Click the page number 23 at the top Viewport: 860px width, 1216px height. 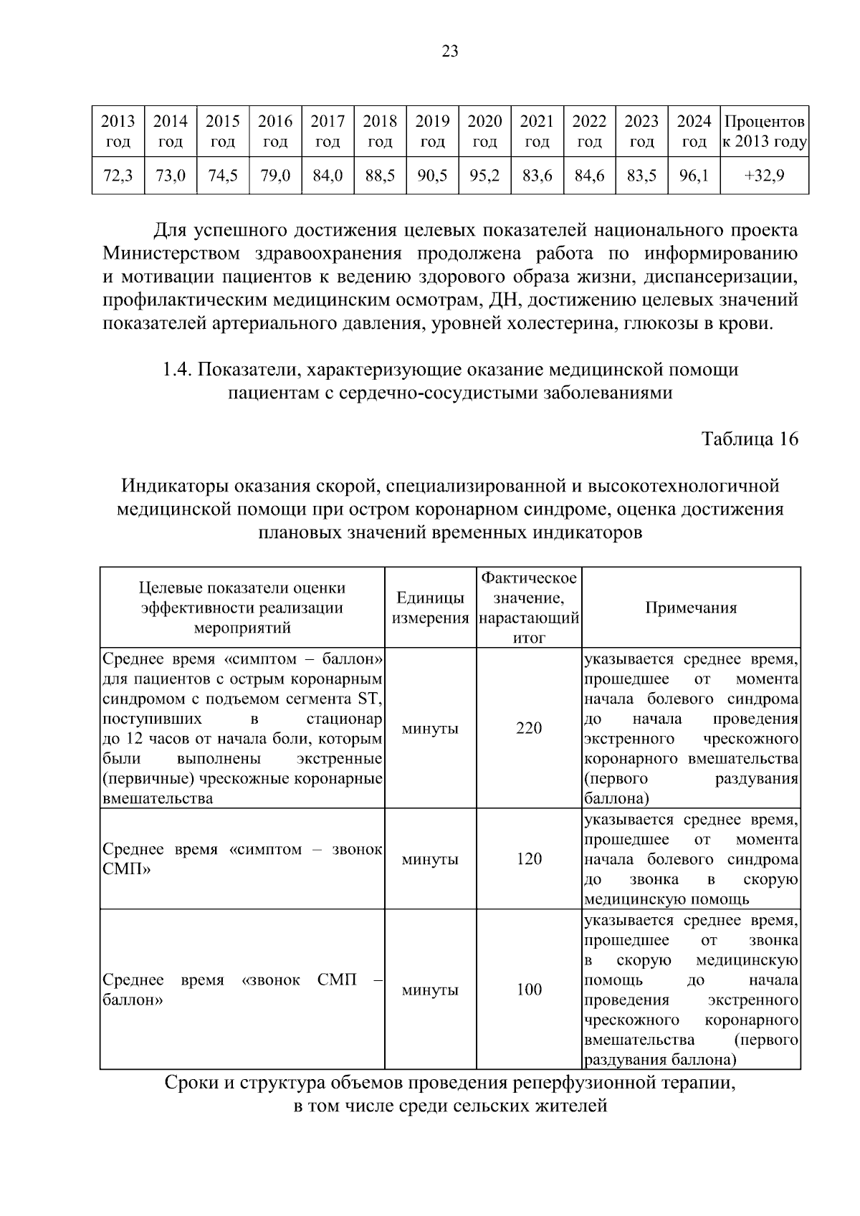pyautogui.click(x=450, y=51)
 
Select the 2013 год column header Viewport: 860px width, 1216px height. pyautogui.click(x=118, y=130)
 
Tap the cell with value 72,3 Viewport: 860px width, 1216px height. pyautogui.click(x=118, y=176)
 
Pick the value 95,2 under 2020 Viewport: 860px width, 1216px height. pyautogui.click(x=484, y=176)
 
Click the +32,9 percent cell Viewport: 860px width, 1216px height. pyautogui.click(x=764, y=176)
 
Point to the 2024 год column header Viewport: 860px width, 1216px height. pyautogui.click(x=694, y=130)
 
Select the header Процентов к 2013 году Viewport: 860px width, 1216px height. pyautogui.click(x=764, y=130)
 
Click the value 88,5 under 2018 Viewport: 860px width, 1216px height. pyautogui.click(x=380, y=176)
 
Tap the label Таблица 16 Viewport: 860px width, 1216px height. pyautogui.click(x=749, y=439)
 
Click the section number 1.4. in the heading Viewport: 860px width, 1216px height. pyautogui.click(x=176, y=370)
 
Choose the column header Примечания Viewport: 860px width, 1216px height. pyautogui.click(x=691, y=608)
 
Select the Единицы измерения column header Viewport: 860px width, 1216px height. pyautogui.click(x=430, y=608)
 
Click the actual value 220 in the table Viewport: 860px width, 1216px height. pyautogui.click(x=529, y=728)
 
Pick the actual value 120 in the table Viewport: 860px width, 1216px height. pyautogui.click(x=529, y=858)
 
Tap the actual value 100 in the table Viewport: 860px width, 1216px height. pyautogui.click(x=529, y=989)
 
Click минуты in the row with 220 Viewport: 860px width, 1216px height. pyautogui.click(x=430, y=728)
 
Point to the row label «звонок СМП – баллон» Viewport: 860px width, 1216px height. pyautogui.click(x=242, y=989)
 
